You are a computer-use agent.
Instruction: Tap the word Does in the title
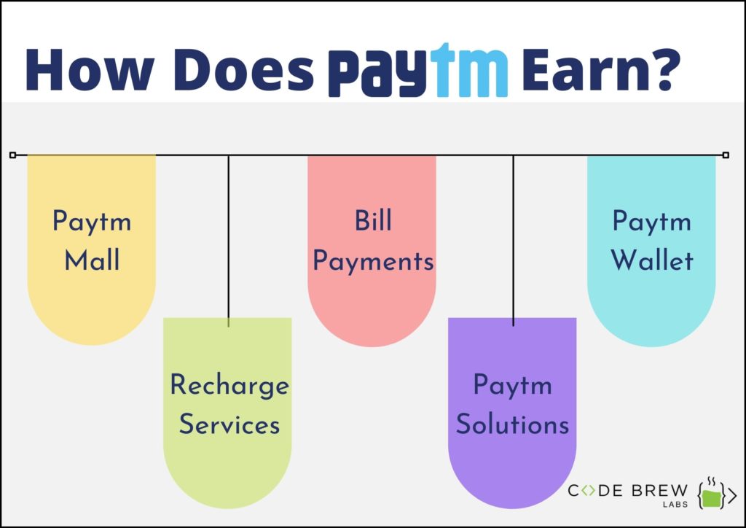tap(243, 71)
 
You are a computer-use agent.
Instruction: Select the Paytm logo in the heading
tap(417, 72)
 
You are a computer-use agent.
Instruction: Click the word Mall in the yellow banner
tap(91, 260)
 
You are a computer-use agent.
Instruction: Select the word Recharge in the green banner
tap(229, 385)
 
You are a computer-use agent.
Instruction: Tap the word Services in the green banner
tap(229, 424)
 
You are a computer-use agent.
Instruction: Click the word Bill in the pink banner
tap(373, 221)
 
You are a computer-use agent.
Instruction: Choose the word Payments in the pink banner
tap(373, 261)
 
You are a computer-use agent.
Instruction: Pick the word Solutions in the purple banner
tap(512, 424)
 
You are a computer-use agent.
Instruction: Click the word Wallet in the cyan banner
tap(652, 260)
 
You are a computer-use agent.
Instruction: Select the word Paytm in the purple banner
tap(512, 386)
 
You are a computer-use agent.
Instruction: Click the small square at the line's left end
tap(12, 155)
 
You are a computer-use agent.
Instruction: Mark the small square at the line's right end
tap(726, 155)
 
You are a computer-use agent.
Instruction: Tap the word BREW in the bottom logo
tap(659, 490)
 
